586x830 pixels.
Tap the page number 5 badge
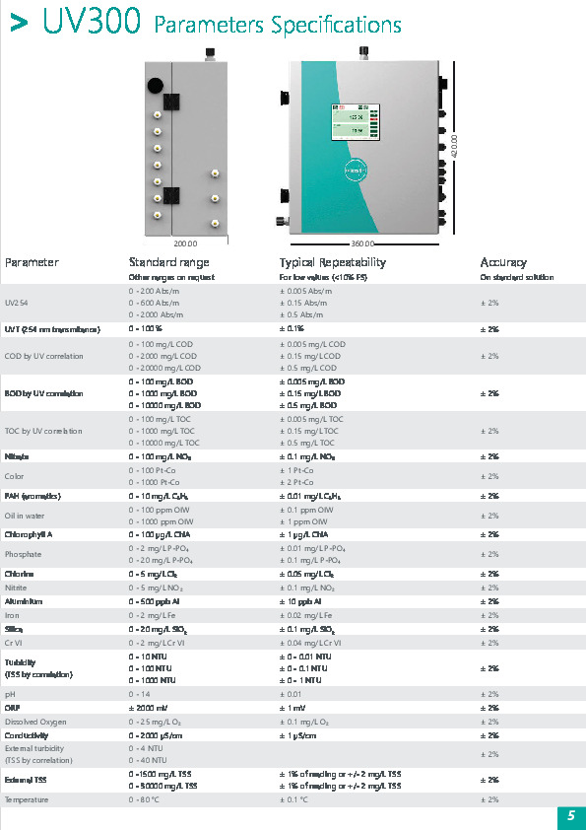570,816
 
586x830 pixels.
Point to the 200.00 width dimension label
184,242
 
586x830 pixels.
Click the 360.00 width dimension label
364,242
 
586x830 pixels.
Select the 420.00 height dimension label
454,147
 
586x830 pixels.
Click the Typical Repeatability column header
332,262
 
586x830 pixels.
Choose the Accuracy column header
503,262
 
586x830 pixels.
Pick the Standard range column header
168,262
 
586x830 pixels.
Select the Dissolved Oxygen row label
34,722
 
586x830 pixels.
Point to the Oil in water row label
26,515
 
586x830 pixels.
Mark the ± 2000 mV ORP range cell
148,708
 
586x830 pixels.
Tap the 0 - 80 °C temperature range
147,799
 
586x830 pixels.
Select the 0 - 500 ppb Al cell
150,600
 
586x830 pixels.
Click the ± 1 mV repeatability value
293,708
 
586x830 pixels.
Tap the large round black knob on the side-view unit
156,85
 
